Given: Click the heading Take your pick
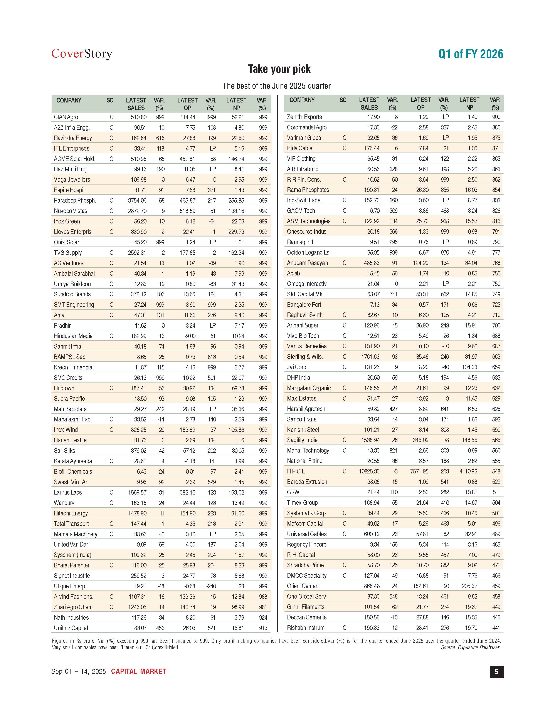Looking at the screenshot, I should coord(279,69).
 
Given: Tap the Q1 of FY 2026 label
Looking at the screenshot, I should coord(471,54).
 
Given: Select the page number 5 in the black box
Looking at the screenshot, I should coord(496,672).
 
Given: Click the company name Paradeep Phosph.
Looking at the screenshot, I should coord(75,201).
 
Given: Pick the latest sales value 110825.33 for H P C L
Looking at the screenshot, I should coord(368,471).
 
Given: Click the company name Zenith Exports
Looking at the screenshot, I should coord(304,117).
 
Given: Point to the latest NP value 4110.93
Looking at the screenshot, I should coord(468,471).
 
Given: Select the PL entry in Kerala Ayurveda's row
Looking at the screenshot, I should coord(213,461).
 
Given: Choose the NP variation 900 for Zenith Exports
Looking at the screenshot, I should coord(496,117).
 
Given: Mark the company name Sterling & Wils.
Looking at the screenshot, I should coord(305,357).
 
